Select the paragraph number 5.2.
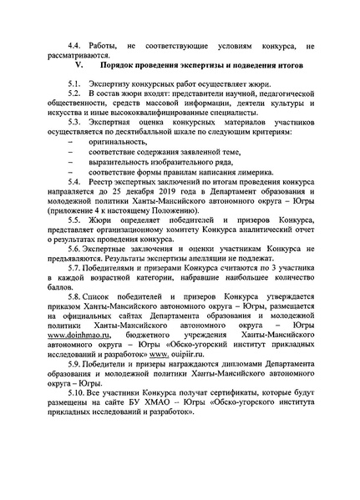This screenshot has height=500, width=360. click(76, 97)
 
